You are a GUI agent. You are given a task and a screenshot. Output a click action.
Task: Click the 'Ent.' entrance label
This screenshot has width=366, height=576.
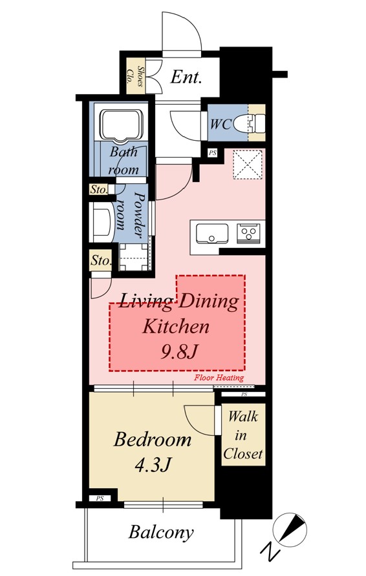tap(186, 77)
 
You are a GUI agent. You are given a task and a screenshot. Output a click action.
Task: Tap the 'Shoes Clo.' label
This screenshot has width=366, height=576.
tap(135, 76)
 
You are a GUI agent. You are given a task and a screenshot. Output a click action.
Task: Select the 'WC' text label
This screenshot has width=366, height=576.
tap(221, 124)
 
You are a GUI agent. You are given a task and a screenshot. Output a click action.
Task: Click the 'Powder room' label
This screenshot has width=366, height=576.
tap(129, 214)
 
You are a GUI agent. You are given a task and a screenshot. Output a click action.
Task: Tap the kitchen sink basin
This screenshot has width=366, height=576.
tap(211, 234)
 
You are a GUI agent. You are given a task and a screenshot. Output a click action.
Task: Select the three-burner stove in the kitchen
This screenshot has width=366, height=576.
tap(250, 233)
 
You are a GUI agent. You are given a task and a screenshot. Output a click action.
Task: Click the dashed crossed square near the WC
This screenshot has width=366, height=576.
tap(248, 164)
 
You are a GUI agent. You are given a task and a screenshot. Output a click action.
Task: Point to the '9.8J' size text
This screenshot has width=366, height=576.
tap(178, 352)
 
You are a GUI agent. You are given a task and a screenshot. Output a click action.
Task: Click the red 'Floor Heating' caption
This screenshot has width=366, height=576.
tap(219, 378)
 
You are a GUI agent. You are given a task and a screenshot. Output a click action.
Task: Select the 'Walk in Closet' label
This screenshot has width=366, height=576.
tap(242, 435)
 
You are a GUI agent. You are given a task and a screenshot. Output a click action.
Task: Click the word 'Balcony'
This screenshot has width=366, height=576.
tap(161, 532)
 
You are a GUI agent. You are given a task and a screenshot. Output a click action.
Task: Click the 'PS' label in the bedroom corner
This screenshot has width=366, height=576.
tap(100, 499)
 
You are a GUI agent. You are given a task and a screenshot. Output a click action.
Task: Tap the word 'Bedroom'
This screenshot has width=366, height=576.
tap(153, 439)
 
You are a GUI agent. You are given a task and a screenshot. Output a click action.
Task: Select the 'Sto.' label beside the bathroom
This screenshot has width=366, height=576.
tap(98, 190)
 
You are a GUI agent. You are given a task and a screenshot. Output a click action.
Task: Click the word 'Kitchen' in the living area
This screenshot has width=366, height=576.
tap(176, 326)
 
